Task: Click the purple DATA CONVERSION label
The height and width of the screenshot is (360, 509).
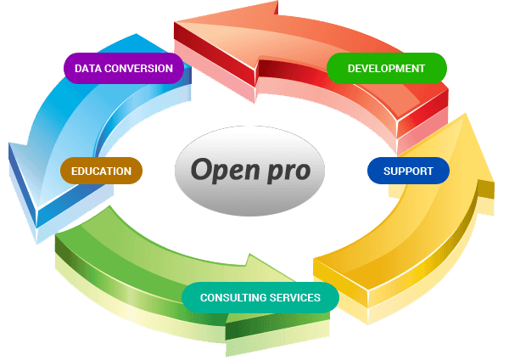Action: [x=124, y=69]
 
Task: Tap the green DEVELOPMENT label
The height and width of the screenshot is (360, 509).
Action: [x=386, y=68]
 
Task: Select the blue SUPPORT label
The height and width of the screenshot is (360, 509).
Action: [x=408, y=171]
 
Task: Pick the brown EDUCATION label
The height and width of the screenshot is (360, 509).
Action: [x=101, y=171]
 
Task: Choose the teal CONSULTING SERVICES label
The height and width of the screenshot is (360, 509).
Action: [x=260, y=297]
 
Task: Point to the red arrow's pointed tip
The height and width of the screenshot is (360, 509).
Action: [x=176, y=31]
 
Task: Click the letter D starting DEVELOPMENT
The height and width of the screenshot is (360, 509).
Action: [x=350, y=68]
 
